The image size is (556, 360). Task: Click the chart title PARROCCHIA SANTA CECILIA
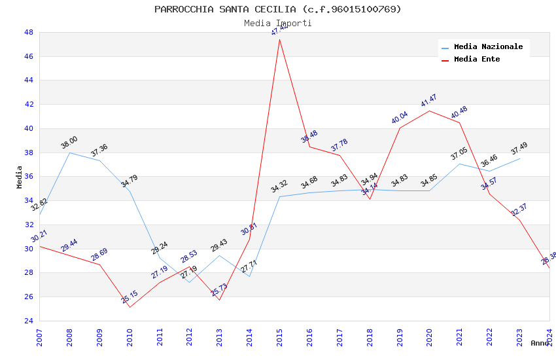pos(278,9)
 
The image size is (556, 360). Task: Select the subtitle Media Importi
pos(278,23)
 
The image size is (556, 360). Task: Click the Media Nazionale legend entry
pos(488,47)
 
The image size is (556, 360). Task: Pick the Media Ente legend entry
pos(477,60)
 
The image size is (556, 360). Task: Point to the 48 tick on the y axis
pos(29,32)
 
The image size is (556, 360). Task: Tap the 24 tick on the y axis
pos(29,321)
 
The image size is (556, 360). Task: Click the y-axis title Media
pos(20,177)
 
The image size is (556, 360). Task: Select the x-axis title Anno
pos(540,343)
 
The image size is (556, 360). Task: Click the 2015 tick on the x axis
pos(279,336)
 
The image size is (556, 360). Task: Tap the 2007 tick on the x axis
pos(39,336)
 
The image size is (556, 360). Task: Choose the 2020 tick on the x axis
pos(429,336)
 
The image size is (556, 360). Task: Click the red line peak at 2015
pos(279,39)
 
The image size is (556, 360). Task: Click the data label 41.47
pos(429,101)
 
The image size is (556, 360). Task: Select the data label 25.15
pos(130,297)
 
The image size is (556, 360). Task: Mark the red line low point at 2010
pos(130,307)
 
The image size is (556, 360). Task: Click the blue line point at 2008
pos(69,153)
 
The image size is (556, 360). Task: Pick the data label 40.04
pos(399,118)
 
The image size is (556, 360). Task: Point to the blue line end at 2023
pos(519,158)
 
